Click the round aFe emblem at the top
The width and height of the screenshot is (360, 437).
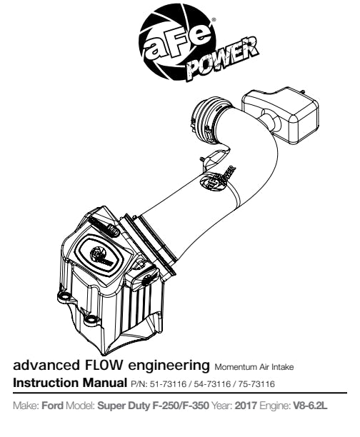point(177,42)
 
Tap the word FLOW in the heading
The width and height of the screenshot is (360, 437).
point(102,365)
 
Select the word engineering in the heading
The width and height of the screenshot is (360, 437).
point(168,366)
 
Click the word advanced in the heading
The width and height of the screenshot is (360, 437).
point(45,365)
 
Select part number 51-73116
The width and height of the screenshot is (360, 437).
point(168,384)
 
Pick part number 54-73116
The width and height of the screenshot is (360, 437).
point(212,384)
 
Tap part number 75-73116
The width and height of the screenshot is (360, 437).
point(256,384)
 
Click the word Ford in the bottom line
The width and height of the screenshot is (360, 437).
point(52,406)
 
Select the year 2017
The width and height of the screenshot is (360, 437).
point(246,406)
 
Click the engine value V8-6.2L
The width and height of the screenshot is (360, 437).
point(310,406)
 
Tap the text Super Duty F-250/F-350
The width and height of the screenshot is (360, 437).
point(153,406)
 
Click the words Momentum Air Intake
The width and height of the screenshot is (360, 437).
point(254,367)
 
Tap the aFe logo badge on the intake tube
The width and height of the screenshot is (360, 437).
point(218,179)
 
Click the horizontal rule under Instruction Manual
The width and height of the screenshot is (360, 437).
point(180,393)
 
